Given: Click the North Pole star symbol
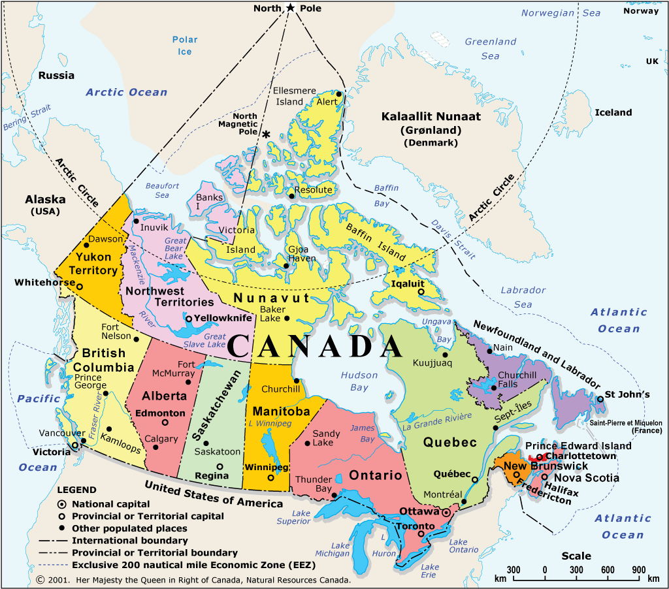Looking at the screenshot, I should [x=290, y=8].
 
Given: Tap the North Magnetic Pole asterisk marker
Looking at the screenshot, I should [x=267, y=134].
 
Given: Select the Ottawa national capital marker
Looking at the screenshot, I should [x=446, y=513].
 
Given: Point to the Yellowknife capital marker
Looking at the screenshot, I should [x=189, y=319].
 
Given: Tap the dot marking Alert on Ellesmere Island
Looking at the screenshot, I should [x=339, y=94].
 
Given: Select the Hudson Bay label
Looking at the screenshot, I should [x=359, y=381].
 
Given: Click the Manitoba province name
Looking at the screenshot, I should [x=281, y=412].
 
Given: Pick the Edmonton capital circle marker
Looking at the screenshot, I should [x=165, y=422].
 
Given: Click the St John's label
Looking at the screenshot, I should [x=627, y=394].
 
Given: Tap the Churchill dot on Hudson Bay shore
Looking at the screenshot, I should [x=296, y=381].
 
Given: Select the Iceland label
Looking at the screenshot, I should [x=613, y=112].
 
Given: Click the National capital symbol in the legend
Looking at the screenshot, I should [x=61, y=504].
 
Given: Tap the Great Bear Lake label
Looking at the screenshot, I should [x=174, y=248].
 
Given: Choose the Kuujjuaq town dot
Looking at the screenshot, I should [x=446, y=355].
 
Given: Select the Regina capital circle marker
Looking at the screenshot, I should [x=220, y=466].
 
